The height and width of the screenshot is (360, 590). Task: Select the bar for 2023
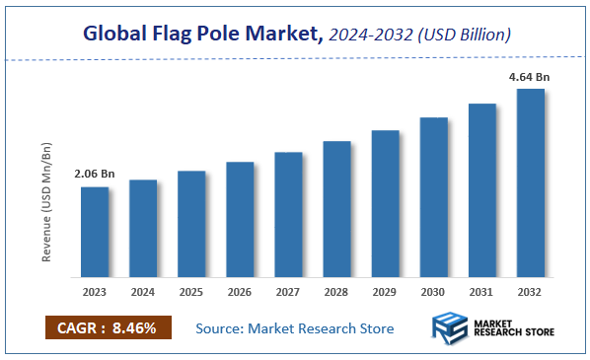(x=95, y=232)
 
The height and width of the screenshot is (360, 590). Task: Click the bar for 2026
(x=240, y=219)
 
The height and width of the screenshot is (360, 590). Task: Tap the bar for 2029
(x=385, y=203)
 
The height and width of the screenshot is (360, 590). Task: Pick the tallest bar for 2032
(x=530, y=182)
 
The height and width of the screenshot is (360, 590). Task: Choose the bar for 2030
(x=433, y=197)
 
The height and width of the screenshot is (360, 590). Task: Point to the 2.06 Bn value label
(x=95, y=174)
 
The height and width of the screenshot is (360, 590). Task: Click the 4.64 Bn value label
(x=530, y=75)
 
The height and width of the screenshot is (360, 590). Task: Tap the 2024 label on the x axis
(x=143, y=292)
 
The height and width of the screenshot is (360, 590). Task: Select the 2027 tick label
(x=288, y=292)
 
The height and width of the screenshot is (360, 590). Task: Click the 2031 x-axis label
(x=481, y=292)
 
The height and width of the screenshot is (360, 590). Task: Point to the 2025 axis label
(x=191, y=292)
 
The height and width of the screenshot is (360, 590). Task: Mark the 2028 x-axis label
(x=336, y=292)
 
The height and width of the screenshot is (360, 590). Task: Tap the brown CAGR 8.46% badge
(x=109, y=327)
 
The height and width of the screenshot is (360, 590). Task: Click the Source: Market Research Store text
(x=295, y=327)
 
